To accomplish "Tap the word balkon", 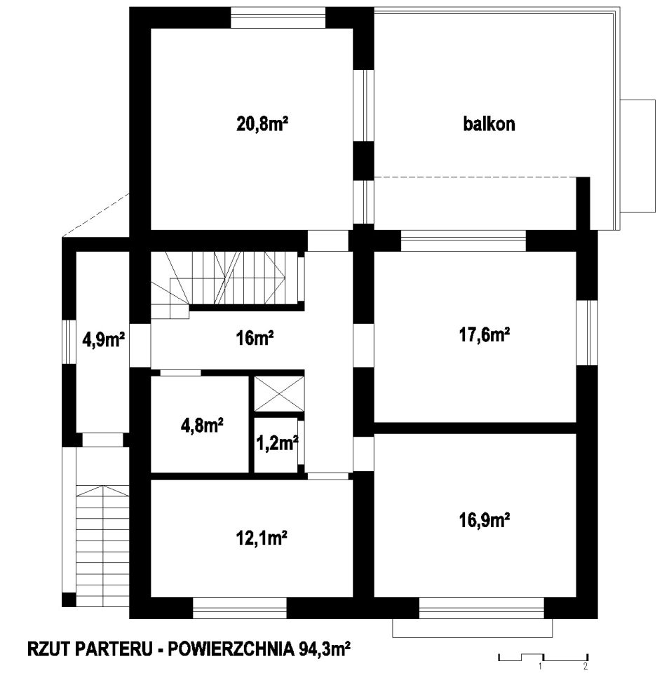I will pyautogui.click(x=489, y=124).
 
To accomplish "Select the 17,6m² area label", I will pyautogui.click(x=484, y=336).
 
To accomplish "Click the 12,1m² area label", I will pyautogui.click(x=263, y=538).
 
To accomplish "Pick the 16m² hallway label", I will pyautogui.click(x=254, y=339).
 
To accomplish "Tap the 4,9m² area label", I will pyautogui.click(x=103, y=341).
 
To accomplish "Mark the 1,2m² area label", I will pyautogui.click(x=277, y=442).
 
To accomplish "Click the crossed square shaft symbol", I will pyautogui.click(x=279, y=394).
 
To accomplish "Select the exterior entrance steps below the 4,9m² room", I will pyautogui.click(x=102, y=540).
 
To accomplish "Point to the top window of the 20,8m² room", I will pyautogui.click(x=278, y=18).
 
